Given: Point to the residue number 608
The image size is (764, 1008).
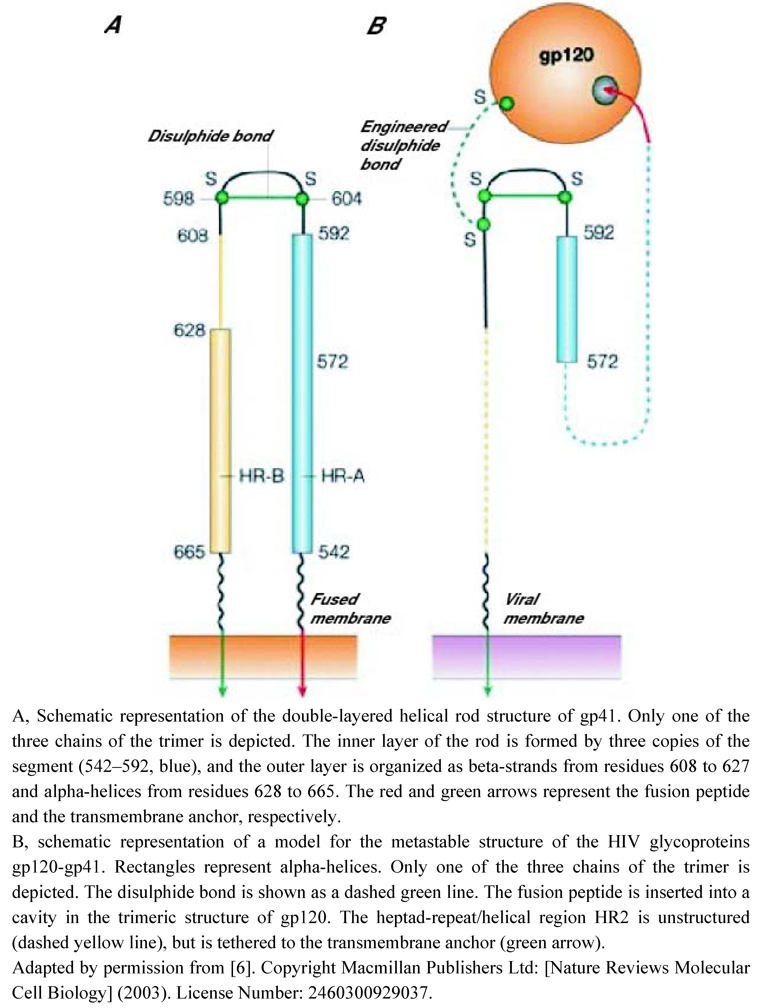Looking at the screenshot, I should (193, 235).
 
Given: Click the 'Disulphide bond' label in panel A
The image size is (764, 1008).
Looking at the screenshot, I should (210, 136).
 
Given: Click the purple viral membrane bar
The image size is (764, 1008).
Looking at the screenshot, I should (526, 656).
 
